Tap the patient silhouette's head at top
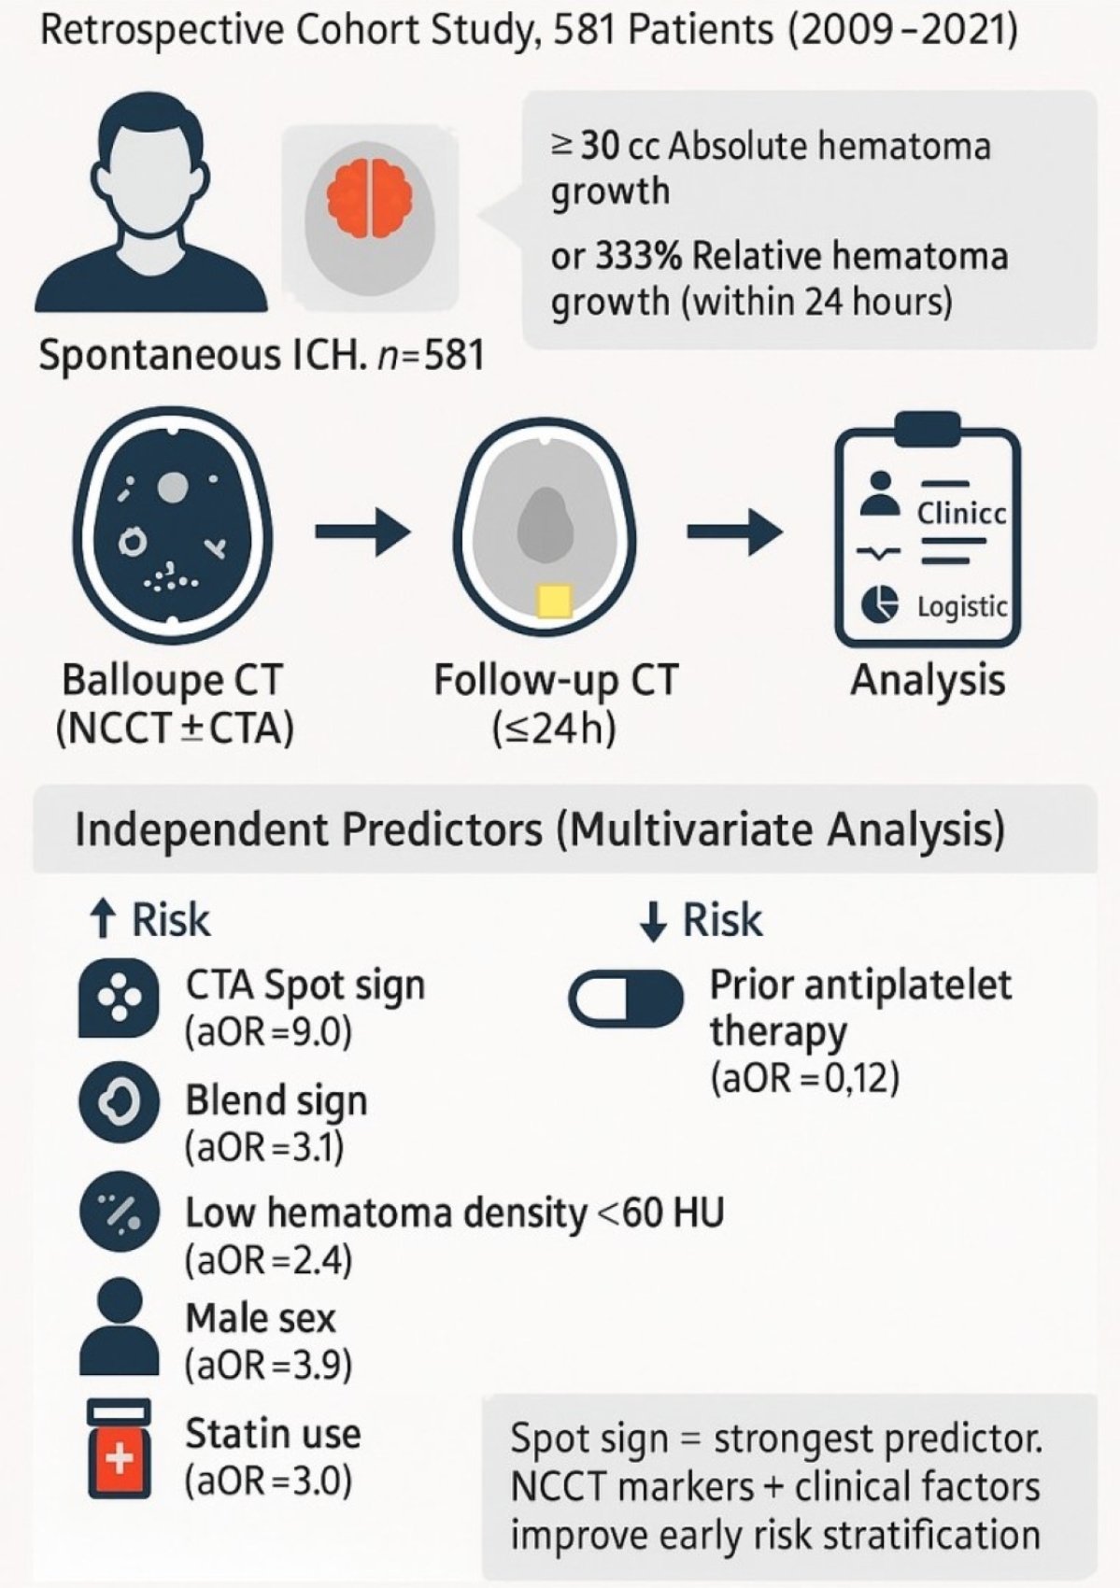click(149, 149)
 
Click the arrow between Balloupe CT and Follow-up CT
click(362, 532)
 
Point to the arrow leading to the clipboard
click(734, 532)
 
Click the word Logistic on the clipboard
click(961, 606)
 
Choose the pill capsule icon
click(626, 1000)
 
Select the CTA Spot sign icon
click(119, 998)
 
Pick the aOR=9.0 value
click(269, 1032)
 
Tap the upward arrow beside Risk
click(103, 920)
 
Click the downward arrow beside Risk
click(653, 920)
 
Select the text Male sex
click(260, 1319)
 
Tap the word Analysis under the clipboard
click(927, 680)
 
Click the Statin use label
click(273, 1434)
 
